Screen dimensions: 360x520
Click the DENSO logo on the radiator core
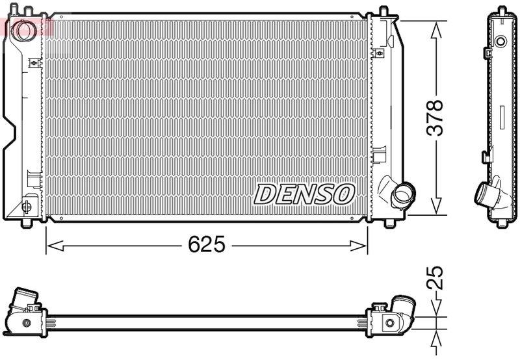tap(304, 194)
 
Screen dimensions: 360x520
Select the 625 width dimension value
tap(206, 245)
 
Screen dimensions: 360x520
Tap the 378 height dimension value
tap(436, 118)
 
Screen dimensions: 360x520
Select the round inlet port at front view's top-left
tap(26, 29)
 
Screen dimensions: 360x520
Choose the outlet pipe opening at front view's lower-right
tap(403, 194)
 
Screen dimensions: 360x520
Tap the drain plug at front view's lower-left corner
tap(27, 207)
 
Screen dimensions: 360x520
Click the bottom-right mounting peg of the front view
tap(389, 223)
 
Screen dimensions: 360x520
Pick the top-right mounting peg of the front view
tap(383, 11)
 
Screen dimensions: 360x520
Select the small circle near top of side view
tap(500, 42)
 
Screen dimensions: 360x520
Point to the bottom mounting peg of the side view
tap(502, 224)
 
